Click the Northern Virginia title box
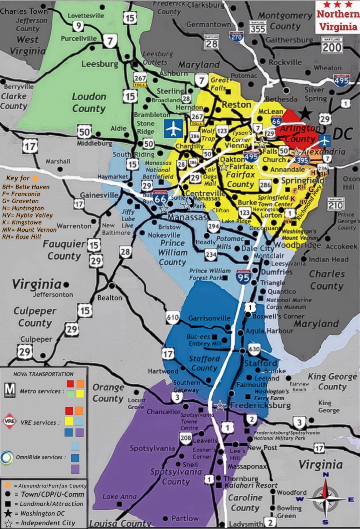[337, 17]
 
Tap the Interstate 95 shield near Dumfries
[243, 277]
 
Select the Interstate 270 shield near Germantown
[236, 37]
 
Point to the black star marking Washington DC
[305, 114]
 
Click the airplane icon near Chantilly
[174, 129]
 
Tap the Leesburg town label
[100, 64]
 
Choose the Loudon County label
[89, 103]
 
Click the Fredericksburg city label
[260, 405]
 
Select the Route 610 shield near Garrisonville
[173, 318]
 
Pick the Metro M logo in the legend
[10, 390]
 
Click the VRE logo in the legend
[9, 421]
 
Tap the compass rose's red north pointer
[326, 489]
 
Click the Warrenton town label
[74, 226]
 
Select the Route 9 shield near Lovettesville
[78, 26]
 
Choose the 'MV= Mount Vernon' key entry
[29, 230]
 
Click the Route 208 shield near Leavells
[186, 438]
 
